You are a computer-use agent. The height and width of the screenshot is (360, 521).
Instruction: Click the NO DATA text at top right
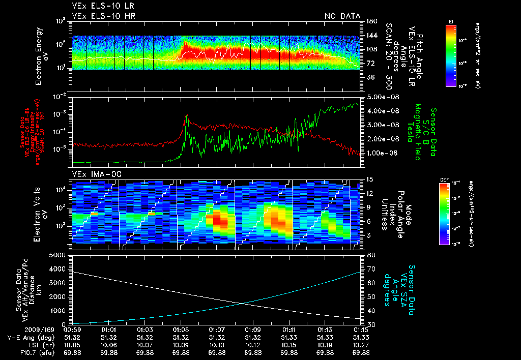click(x=342, y=16)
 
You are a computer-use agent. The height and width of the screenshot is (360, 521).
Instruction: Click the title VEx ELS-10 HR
click(x=104, y=16)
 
